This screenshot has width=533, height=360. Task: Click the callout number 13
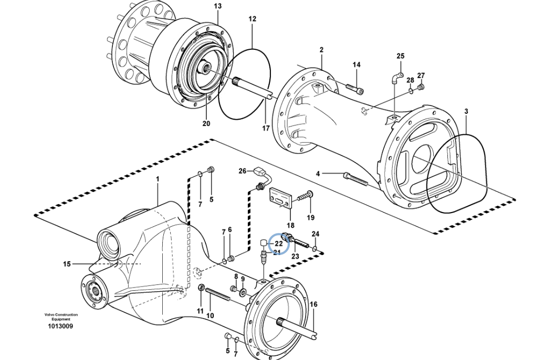point(218,6)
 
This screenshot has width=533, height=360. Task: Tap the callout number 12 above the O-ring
point(252,19)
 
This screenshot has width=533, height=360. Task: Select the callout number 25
point(400,56)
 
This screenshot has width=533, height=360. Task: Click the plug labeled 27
point(421,86)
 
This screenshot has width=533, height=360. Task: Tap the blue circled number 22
point(279,243)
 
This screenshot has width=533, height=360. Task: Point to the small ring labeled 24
point(315,248)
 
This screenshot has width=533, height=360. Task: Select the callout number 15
point(67,264)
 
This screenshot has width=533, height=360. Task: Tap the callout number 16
point(313,304)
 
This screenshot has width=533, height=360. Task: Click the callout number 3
point(466,111)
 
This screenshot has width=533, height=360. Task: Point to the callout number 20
point(206,124)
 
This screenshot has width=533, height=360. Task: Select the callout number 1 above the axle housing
point(157,179)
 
